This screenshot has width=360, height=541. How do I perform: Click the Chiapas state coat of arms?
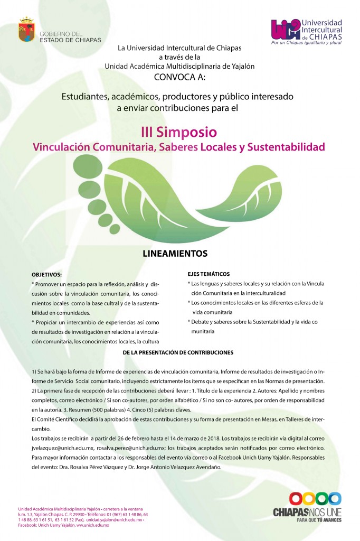point(26,30)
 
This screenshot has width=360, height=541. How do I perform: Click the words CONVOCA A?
point(179,76)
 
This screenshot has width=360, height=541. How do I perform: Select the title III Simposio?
point(179,130)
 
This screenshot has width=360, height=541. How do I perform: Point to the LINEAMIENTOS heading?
point(175,254)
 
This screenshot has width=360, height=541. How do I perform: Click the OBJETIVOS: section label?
point(46,275)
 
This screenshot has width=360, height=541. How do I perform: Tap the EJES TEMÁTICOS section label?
point(209,274)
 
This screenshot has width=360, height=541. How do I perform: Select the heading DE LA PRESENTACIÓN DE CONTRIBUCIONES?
point(178,352)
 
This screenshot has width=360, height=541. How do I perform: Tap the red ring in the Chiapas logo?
point(296,498)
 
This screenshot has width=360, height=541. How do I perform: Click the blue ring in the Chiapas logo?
point(334,498)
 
